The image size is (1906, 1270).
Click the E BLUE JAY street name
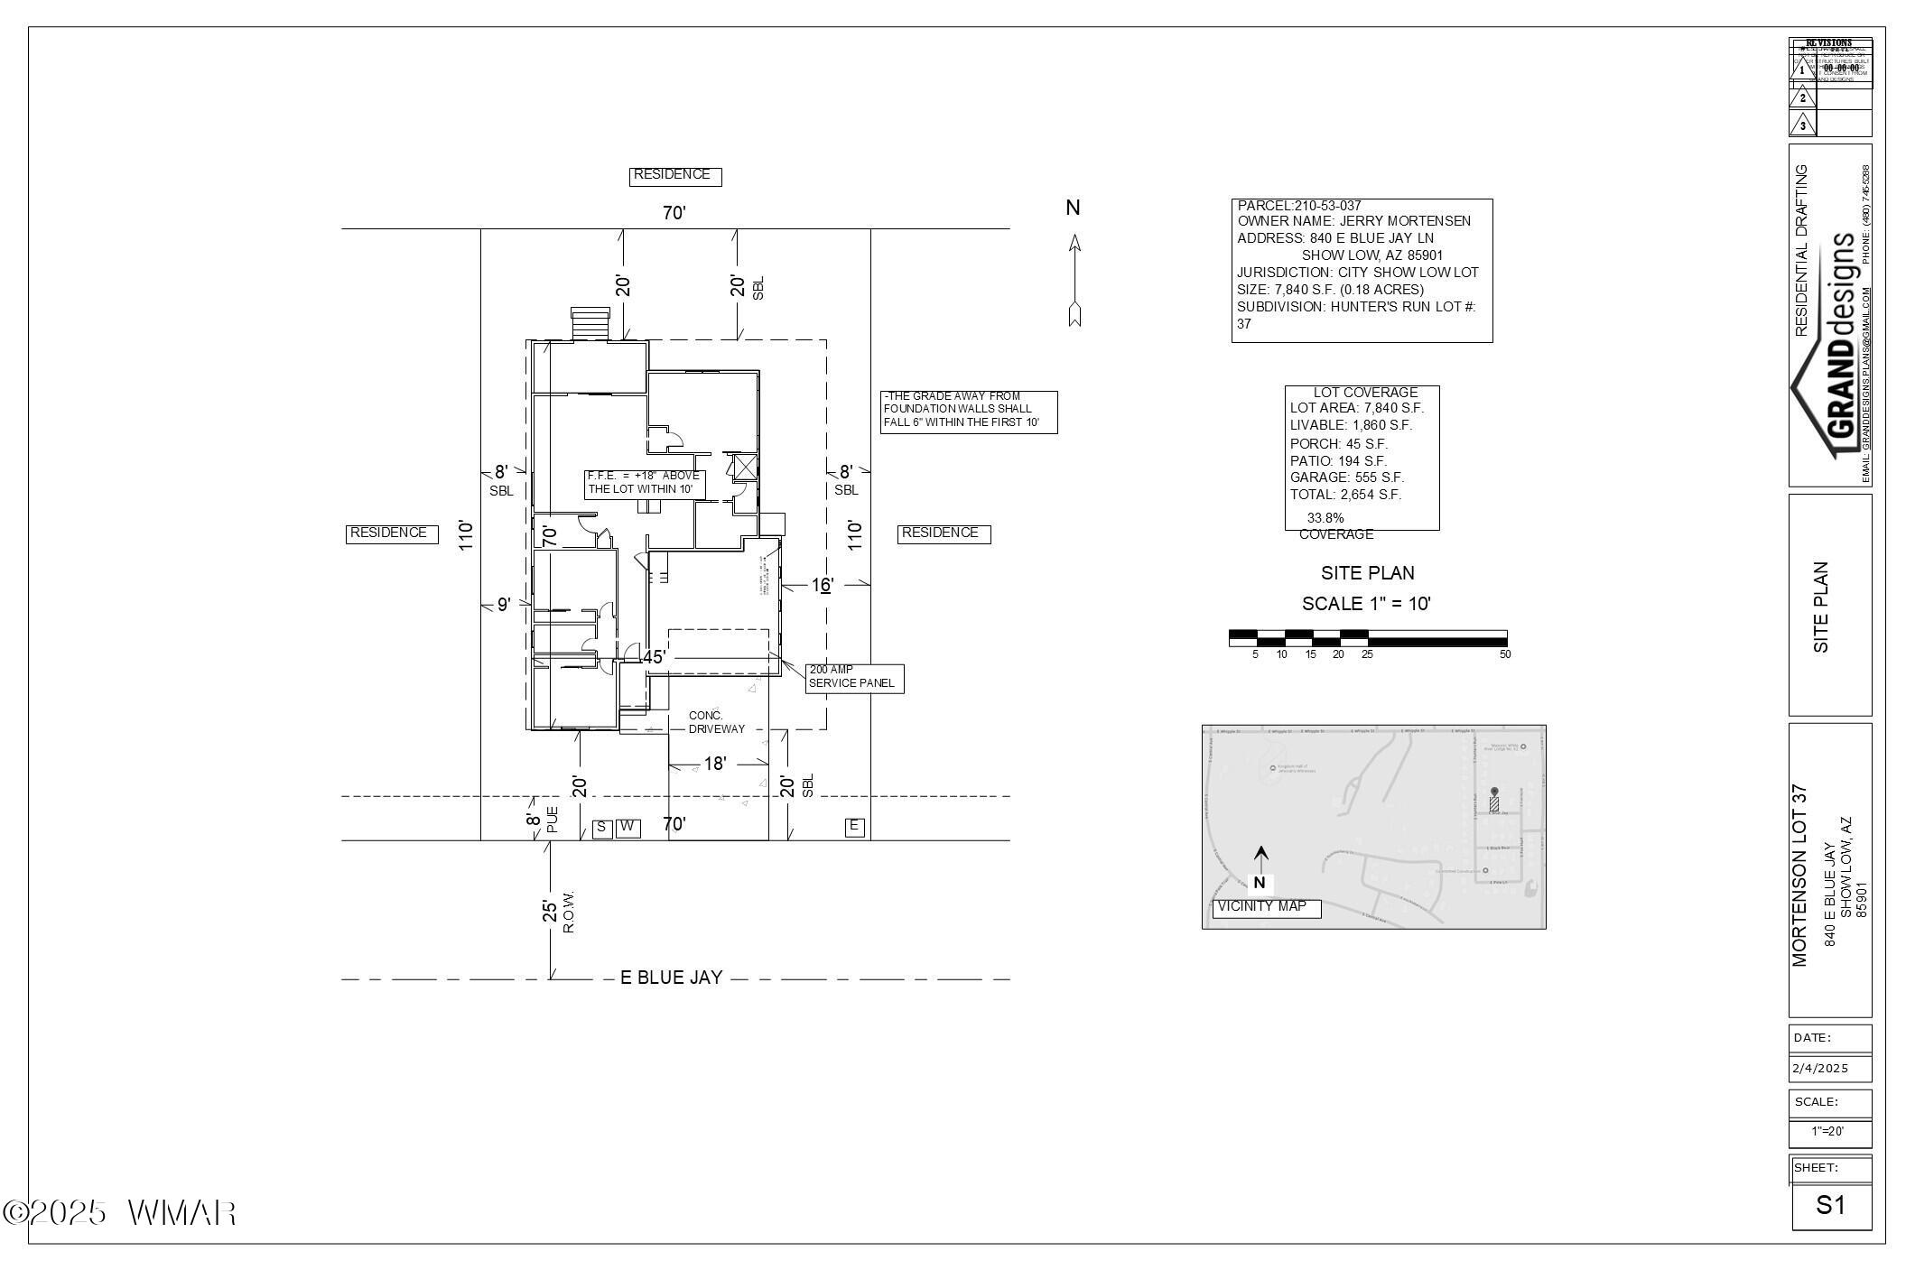click(x=671, y=978)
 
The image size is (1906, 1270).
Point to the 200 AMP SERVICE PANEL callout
click(x=853, y=678)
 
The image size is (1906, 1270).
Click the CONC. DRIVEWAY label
click(x=716, y=722)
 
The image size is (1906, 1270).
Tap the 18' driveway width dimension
click(x=714, y=765)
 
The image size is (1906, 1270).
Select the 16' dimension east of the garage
click(x=821, y=586)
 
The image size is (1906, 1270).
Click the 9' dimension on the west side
click(x=504, y=605)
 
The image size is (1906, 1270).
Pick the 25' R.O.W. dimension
click(x=550, y=911)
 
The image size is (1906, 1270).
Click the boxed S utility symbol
click(x=601, y=828)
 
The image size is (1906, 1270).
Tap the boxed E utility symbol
click(x=854, y=827)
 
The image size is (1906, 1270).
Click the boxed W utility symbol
click(x=628, y=828)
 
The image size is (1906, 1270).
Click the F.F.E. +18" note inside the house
click(x=644, y=483)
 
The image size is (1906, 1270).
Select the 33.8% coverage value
click(x=1325, y=518)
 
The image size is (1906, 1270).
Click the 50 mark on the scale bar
click(x=1505, y=654)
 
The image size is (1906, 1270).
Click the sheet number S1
click(x=1830, y=1205)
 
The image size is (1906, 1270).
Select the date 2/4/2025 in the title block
click(x=1820, y=1069)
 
